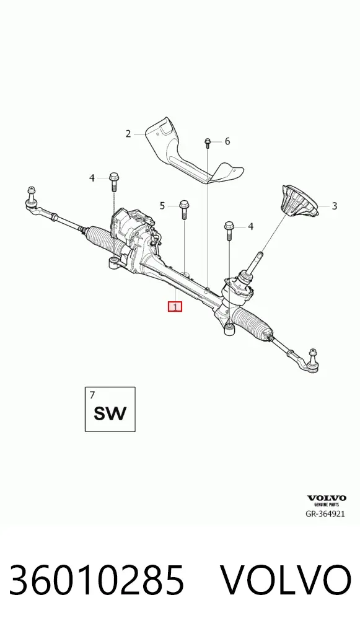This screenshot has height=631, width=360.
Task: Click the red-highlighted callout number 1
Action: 175,307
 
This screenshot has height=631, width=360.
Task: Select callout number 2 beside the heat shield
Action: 128,134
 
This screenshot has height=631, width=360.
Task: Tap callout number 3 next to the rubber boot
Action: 334,206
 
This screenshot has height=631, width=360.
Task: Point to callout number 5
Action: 162,206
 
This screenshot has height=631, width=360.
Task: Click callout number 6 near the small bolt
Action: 227,141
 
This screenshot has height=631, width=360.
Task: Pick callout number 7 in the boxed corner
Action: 92,395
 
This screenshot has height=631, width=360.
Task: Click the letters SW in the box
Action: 110,413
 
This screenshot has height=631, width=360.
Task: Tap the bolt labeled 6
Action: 208,143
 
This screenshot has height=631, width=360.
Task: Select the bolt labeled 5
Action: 184,209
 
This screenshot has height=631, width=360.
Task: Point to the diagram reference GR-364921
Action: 325,513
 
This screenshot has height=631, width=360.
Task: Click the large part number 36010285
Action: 97,580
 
